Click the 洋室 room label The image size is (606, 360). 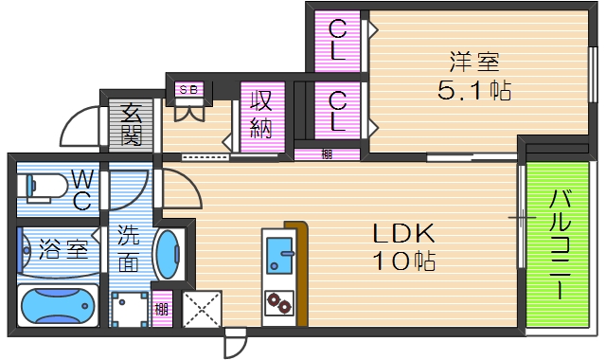click(474, 63)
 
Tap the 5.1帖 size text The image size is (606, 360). click(474, 92)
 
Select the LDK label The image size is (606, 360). click(401, 233)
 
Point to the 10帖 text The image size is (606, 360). click(401, 261)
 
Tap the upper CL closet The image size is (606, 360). click(338, 41)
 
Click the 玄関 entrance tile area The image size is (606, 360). click(131, 123)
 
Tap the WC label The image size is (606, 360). click(81, 189)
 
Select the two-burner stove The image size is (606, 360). click(279, 303)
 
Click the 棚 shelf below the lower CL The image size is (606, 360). click(327, 154)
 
